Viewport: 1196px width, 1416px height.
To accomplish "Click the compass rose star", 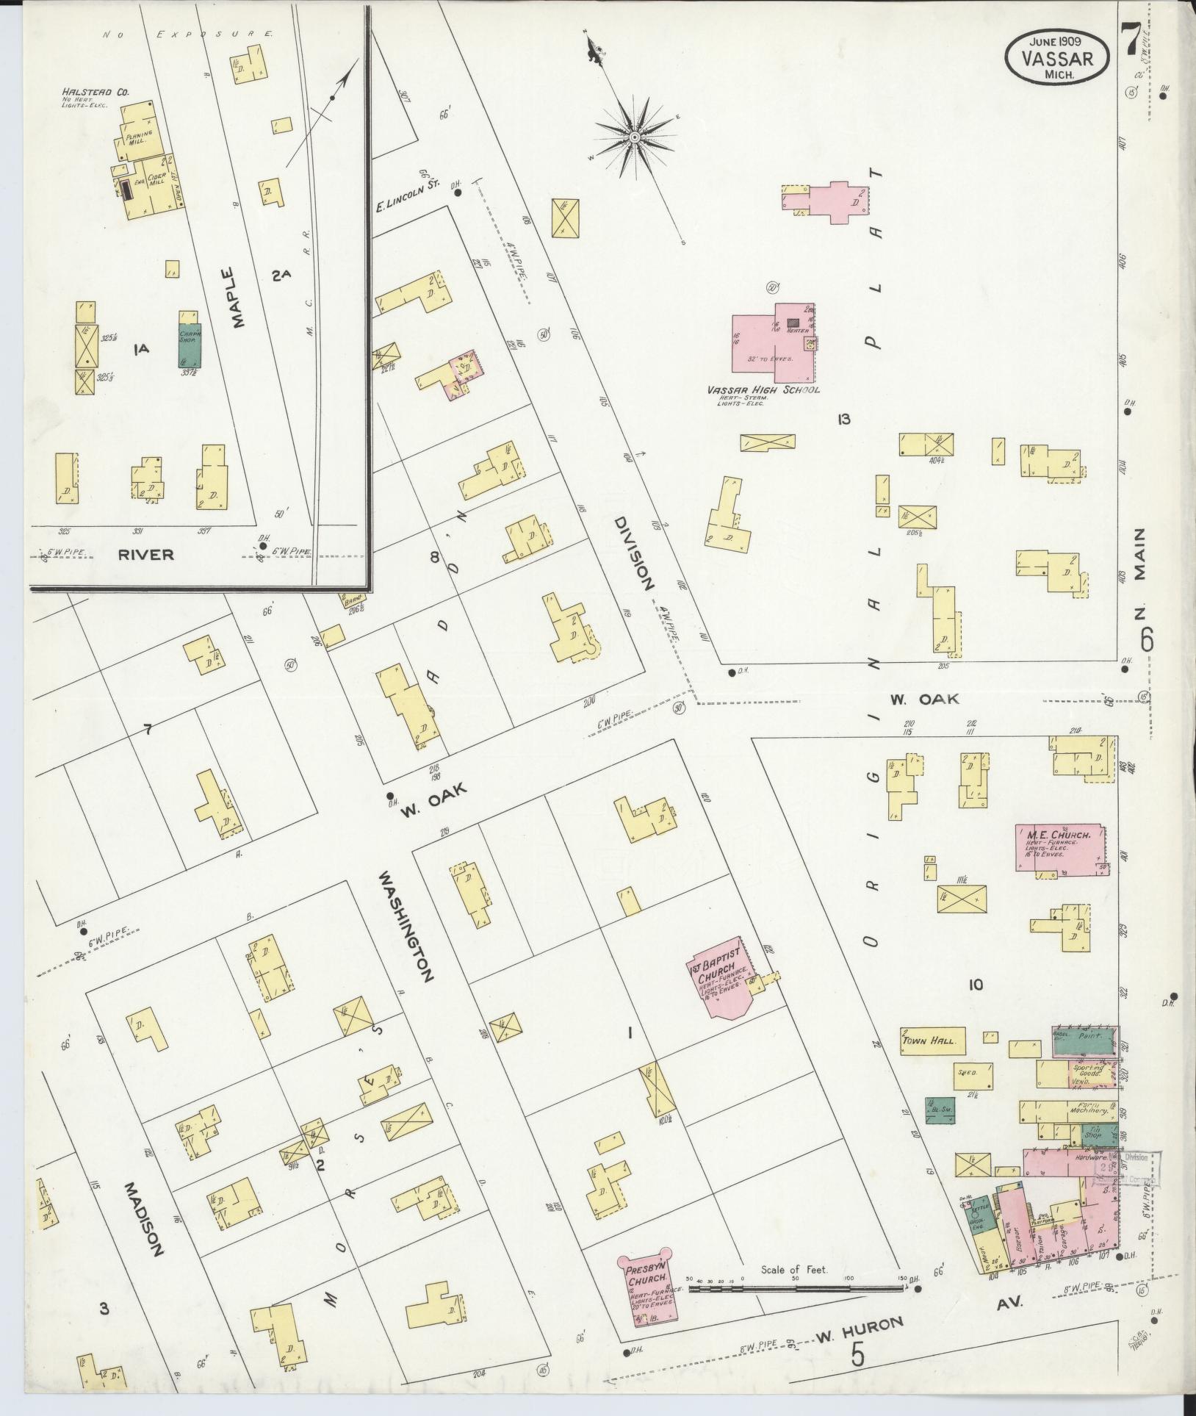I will tap(633, 138).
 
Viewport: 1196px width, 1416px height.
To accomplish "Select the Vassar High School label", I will tap(763, 390).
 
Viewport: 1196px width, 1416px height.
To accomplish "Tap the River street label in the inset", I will tap(146, 554).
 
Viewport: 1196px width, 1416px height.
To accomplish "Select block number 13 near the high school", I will tap(843, 420).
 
